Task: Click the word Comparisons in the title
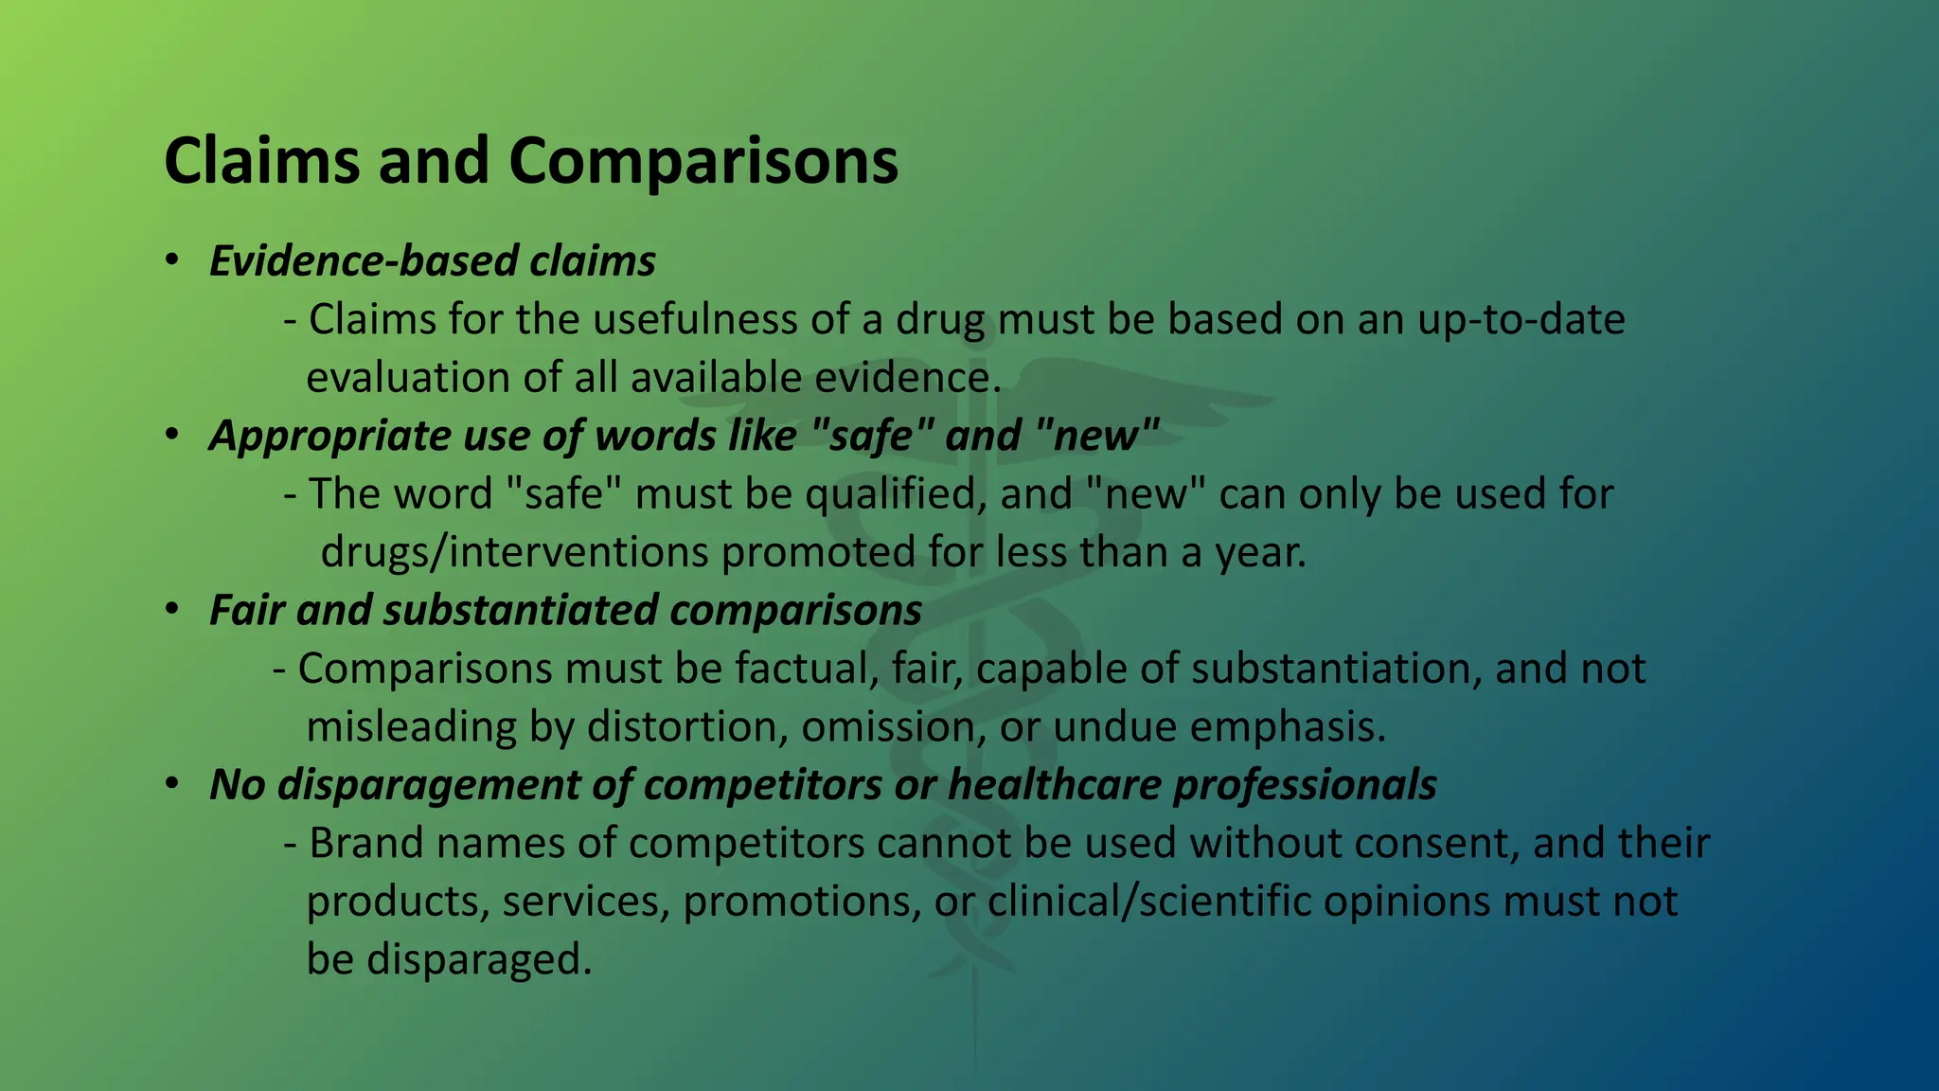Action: point(703,161)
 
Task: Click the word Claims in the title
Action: point(260,161)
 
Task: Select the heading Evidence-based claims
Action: point(432,261)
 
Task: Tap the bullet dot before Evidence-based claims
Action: point(170,260)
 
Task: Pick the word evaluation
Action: point(408,378)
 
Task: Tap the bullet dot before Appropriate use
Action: point(170,435)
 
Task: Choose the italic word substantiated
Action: point(520,611)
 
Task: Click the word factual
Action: point(806,669)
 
